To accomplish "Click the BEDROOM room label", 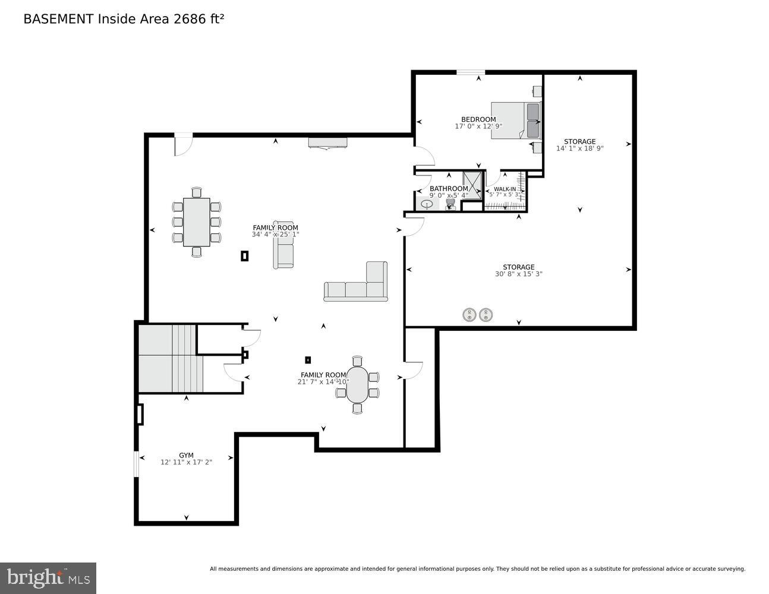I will click(478, 119).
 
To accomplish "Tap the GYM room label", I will click(186, 456).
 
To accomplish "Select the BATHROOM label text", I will click(449, 189).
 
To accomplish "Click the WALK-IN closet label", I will click(505, 189).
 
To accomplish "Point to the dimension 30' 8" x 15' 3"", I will click(518, 274).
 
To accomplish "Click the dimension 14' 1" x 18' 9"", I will click(579, 148).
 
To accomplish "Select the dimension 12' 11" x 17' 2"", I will click(186, 462).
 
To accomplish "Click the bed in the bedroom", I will click(515, 121).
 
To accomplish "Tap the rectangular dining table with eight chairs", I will click(196, 222).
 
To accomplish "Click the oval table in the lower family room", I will click(357, 384).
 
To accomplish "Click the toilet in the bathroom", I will click(450, 204).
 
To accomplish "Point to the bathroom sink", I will click(427, 204).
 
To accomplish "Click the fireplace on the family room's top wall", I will click(327, 143).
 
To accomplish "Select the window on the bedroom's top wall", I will click(471, 73).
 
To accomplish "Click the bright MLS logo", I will click(48, 577).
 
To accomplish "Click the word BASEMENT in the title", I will click(58, 19).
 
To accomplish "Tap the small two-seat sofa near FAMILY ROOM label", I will click(284, 244).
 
